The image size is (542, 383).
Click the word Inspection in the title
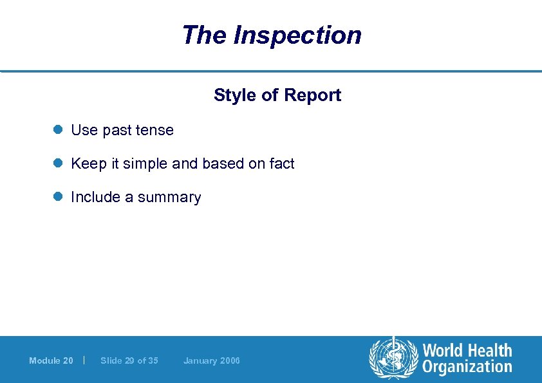tap(297, 35)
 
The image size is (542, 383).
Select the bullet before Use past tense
tap(57, 130)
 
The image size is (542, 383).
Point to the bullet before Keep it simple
tap(57, 163)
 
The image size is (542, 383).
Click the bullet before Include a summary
tap(57, 197)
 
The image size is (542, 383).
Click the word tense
tap(154, 130)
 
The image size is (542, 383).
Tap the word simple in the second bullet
tap(146, 163)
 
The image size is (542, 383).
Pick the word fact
tap(281, 163)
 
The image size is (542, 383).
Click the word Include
tap(95, 197)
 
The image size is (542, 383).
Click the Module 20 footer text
tap(51, 360)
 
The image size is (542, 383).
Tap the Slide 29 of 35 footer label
tap(129, 360)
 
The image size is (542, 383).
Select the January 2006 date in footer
tap(211, 360)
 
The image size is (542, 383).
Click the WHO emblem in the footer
tap(393, 359)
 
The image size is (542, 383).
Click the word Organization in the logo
tap(467, 368)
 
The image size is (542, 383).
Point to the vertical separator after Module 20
tap(84, 360)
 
